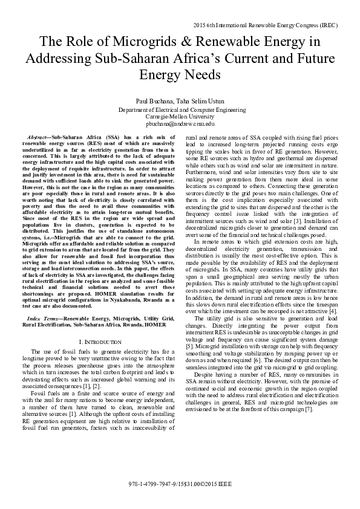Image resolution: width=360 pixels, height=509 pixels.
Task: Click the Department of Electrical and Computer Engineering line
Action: [180, 110]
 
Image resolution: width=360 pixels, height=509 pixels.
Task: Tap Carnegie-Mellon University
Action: [180, 117]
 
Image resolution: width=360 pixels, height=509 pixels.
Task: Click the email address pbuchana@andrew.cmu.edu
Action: [180, 123]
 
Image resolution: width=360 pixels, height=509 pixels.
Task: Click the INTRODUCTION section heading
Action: [97, 342]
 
